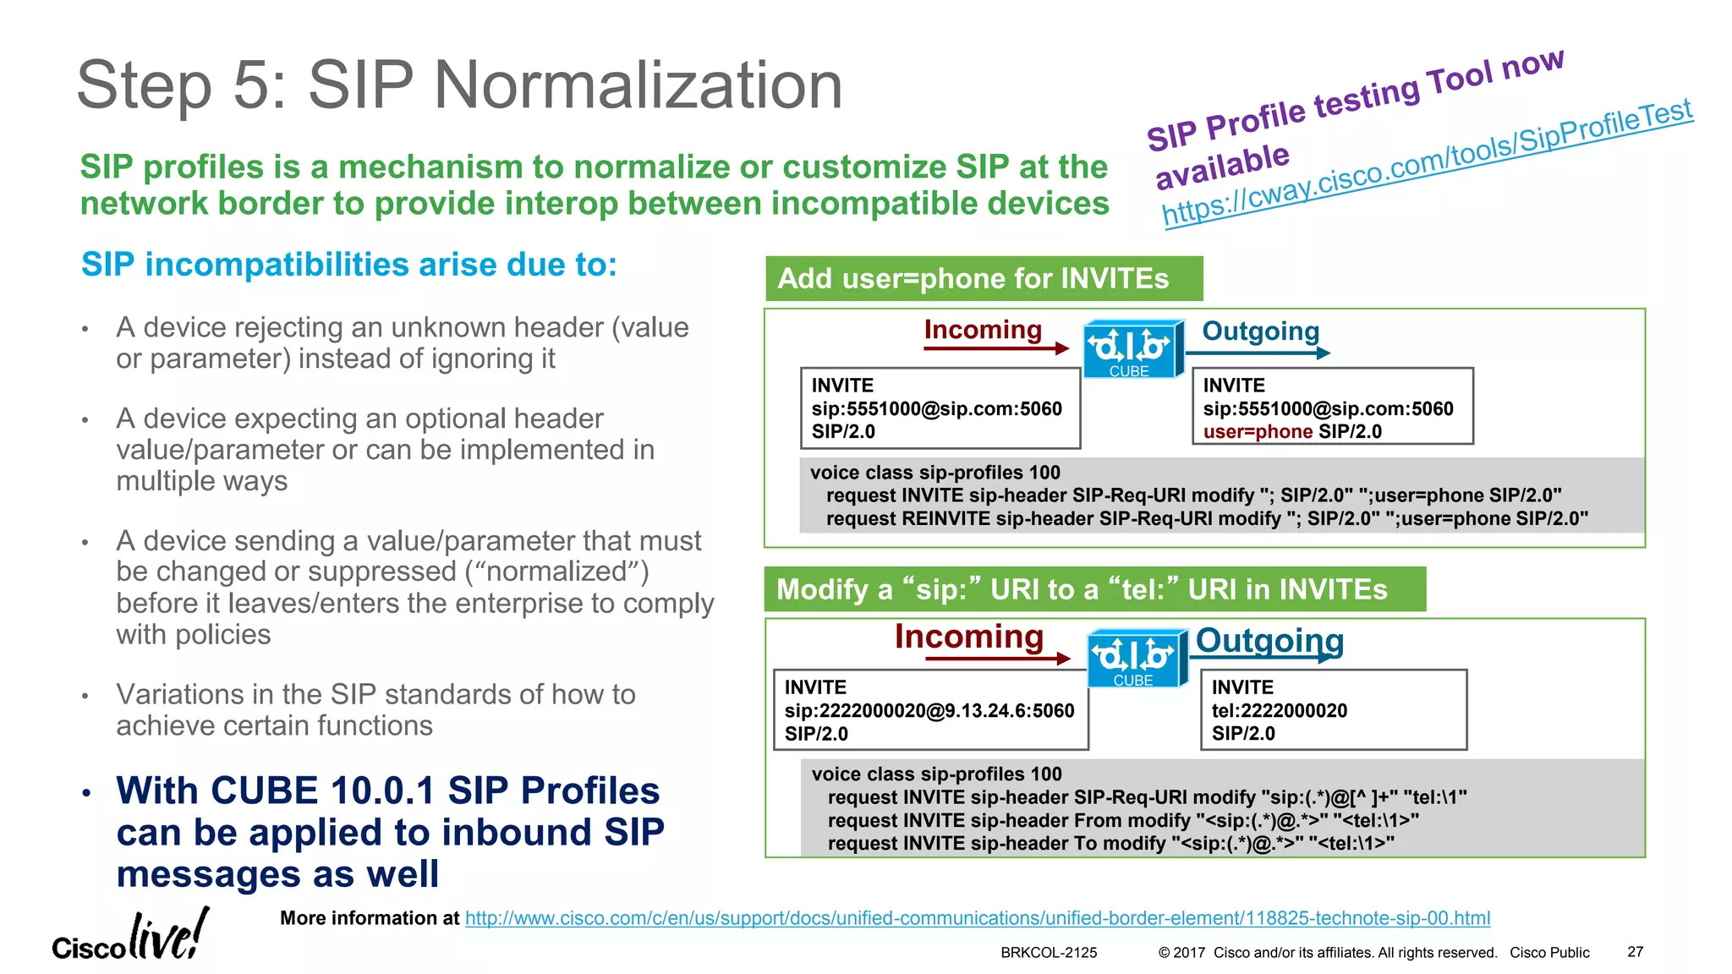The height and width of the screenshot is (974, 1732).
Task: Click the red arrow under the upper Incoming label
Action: (x=995, y=348)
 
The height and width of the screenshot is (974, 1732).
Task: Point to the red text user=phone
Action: (x=1257, y=432)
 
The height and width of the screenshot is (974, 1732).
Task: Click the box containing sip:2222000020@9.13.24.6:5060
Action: (x=929, y=710)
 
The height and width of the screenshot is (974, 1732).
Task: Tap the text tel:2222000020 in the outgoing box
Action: (x=1279, y=711)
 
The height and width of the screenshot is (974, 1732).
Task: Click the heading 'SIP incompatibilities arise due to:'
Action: (x=348, y=265)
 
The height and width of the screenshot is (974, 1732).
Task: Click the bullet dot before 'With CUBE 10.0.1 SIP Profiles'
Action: (x=86, y=793)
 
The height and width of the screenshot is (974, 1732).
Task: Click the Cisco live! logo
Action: (x=130, y=937)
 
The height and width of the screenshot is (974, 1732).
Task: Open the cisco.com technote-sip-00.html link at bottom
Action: (x=977, y=918)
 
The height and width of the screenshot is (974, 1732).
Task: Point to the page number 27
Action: (x=1635, y=952)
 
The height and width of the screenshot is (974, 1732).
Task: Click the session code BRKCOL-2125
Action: (x=1048, y=953)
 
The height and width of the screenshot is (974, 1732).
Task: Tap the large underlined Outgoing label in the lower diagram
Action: (x=1269, y=641)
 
